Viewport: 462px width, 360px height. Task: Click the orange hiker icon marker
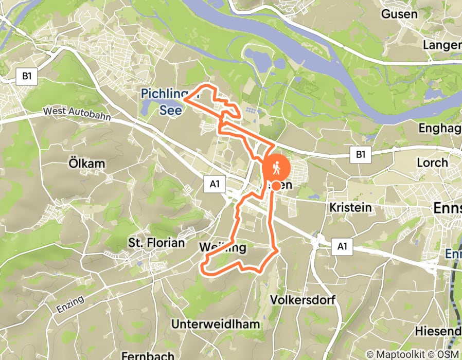(277, 168)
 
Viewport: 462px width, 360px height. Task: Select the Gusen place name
(399, 14)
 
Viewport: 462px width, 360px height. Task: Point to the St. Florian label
(156, 243)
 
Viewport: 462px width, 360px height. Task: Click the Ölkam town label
(86, 164)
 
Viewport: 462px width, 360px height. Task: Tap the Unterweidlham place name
(216, 325)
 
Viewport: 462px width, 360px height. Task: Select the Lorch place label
(432, 162)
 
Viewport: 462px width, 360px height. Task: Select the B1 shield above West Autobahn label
(26, 77)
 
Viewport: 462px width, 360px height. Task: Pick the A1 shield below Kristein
(342, 247)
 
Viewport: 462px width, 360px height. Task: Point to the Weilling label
(222, 248)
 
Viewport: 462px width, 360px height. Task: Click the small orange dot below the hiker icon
(276, 186)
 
